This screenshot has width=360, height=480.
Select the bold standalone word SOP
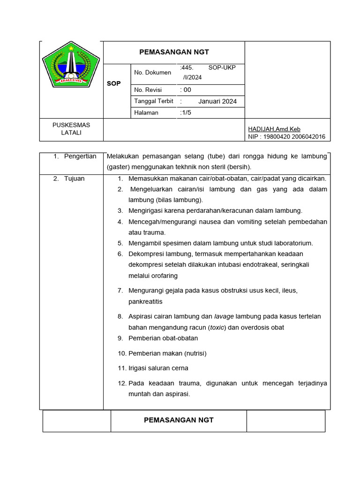tap(113, 83)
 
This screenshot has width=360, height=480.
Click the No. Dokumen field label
tap(152, 72)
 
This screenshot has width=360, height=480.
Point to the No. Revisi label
tap(148, 90)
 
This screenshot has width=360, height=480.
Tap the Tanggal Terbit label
tap(154, 101)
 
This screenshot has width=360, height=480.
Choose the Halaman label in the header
tap(146, 112)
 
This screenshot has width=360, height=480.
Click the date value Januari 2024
tap(217, 101)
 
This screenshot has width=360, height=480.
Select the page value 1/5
tap(186, 112)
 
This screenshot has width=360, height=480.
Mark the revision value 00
tap(187, 90)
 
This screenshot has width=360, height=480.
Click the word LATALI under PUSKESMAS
tap(71, 133)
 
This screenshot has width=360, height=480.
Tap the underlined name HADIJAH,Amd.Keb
tap(274, 129)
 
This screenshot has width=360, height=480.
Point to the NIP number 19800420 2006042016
tap(294, 137)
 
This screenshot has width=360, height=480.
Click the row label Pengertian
tap(80, 156)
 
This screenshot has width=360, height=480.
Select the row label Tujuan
tap(74, 179)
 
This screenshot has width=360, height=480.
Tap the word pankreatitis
tap(145, 301)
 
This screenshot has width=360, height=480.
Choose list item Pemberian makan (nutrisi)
tap(167, 353)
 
